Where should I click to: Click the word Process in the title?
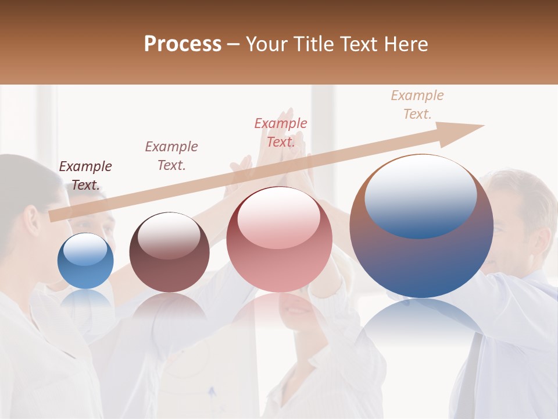point(183,44)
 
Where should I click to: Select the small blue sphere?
point(85,261)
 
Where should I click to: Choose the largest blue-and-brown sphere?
point(421,256)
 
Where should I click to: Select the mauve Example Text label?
point(171,156)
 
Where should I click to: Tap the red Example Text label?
point(281,133)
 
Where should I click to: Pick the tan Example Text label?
point(417,105)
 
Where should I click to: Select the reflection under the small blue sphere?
point(85,300)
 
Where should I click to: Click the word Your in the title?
point(267,44)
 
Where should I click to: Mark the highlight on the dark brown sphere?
point(169,235)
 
